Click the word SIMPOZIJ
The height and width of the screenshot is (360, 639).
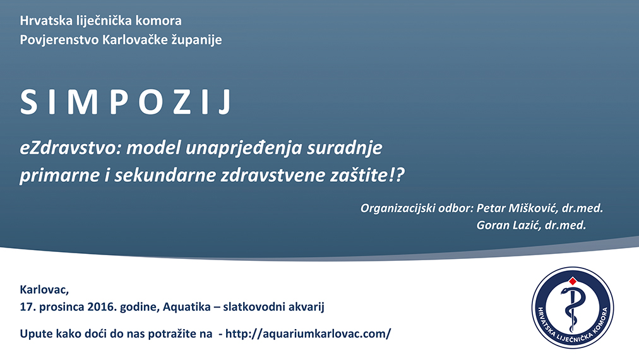coord(126,102)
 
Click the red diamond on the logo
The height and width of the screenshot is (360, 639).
coord(573,281)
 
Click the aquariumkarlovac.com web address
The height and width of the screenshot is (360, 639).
coord(308,334)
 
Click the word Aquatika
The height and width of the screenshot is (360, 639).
coord(187,306)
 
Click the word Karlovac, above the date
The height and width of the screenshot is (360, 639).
coord(44,290)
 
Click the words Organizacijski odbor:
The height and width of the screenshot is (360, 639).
coord(417,208)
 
